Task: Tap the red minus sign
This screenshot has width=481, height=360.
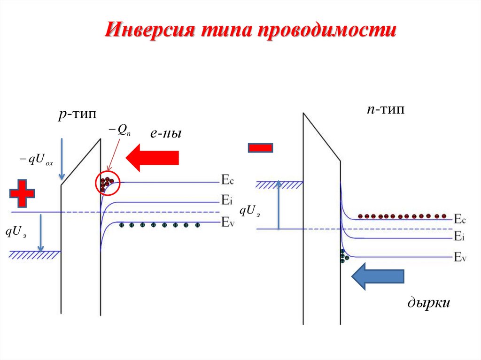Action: [x=260, y=148]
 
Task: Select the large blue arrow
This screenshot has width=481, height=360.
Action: [x=378, y=276]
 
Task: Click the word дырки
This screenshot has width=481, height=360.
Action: [x=428, y=303]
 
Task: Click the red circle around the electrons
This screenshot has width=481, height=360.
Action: [x=108, y=184]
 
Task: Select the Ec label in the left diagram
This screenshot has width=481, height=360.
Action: [x=227, y=179]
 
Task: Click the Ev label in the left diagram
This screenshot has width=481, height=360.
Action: [x=227, y=222]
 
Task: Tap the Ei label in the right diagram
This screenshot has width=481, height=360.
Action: [x=459, y=237]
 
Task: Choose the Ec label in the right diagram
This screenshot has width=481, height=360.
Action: [x=460, y=219]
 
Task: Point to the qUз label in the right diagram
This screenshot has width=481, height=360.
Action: [x=249, y=212]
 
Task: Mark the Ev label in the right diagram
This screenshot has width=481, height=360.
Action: [x=460, y=257]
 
